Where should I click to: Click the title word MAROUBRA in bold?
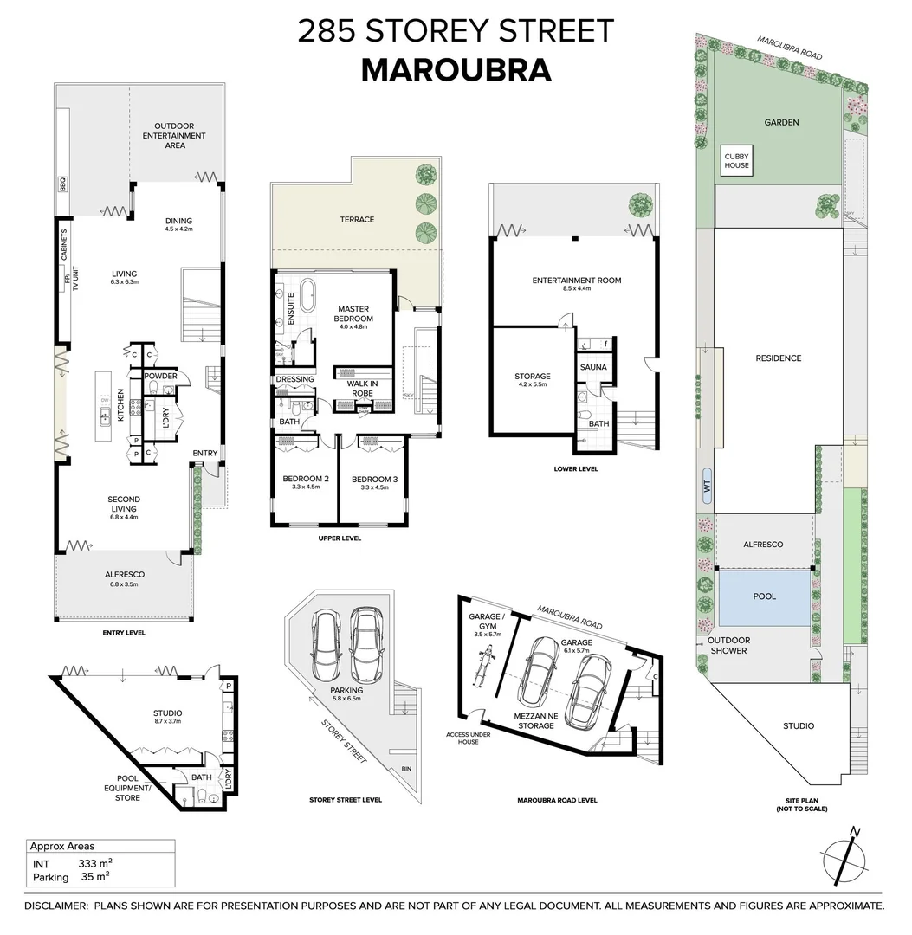pos(456,70)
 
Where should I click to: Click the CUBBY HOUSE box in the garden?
pos(737,160)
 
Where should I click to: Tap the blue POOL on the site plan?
pos(764,596)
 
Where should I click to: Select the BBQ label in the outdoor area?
pos(61,185)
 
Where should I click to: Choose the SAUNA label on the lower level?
pos(594,367)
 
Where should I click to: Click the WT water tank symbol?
pos(708,487)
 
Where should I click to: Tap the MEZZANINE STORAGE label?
pos(535,720)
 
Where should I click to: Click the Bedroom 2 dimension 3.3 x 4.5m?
pos(305,487)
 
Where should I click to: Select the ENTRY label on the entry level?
pos(204,454)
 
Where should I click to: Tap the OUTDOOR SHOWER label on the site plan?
pos(728,646)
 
